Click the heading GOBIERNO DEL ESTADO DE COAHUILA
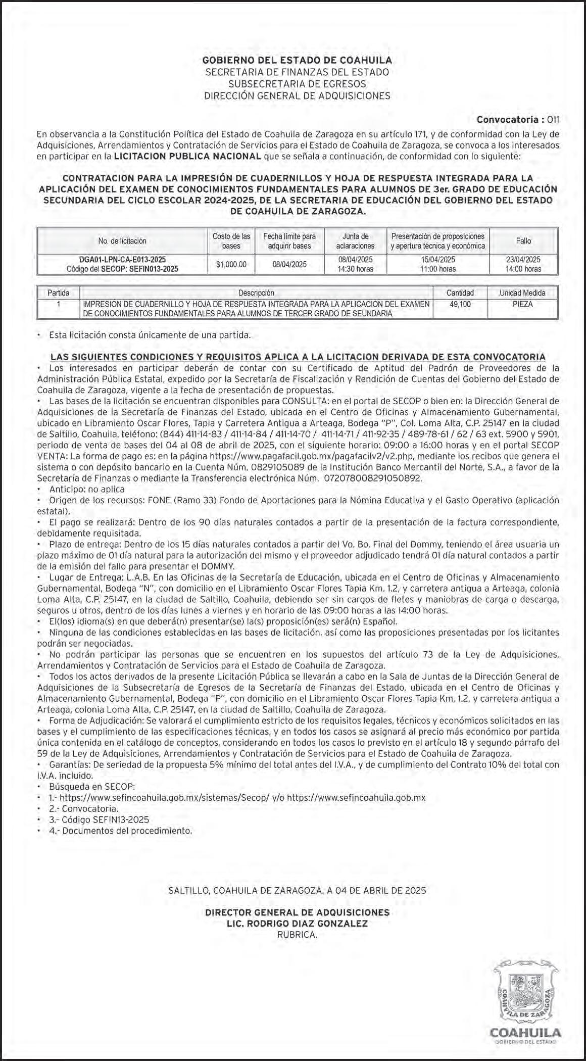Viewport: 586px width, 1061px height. (297, 61)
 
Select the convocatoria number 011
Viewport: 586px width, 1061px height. (553, 120)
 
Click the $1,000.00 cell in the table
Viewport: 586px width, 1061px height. (231, 264)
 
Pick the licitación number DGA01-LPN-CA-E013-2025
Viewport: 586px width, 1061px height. (122, 260)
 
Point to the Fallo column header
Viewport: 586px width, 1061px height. (523, 241)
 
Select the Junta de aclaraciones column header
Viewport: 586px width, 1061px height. (355, 241)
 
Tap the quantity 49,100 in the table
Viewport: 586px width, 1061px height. (460, 305)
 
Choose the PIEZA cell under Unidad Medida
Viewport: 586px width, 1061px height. (522, 305)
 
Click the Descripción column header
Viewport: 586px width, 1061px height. (256, 293)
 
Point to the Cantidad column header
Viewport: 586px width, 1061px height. (460, 293)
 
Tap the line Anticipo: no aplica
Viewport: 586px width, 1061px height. (86, 489)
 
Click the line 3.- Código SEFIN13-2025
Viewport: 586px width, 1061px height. (99, 820)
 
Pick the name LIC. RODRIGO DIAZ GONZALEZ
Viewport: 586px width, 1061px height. (297, 924)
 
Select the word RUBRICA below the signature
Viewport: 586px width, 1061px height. (297, 935)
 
